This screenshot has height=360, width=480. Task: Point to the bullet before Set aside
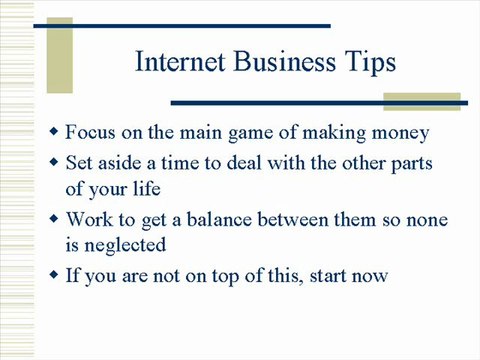pyautogui.click(x=54, y=161)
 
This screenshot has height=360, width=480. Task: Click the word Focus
pyautogui.click(x=92, y=132)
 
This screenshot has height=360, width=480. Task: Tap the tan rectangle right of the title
pyautogui.click(x=423, y=100)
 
